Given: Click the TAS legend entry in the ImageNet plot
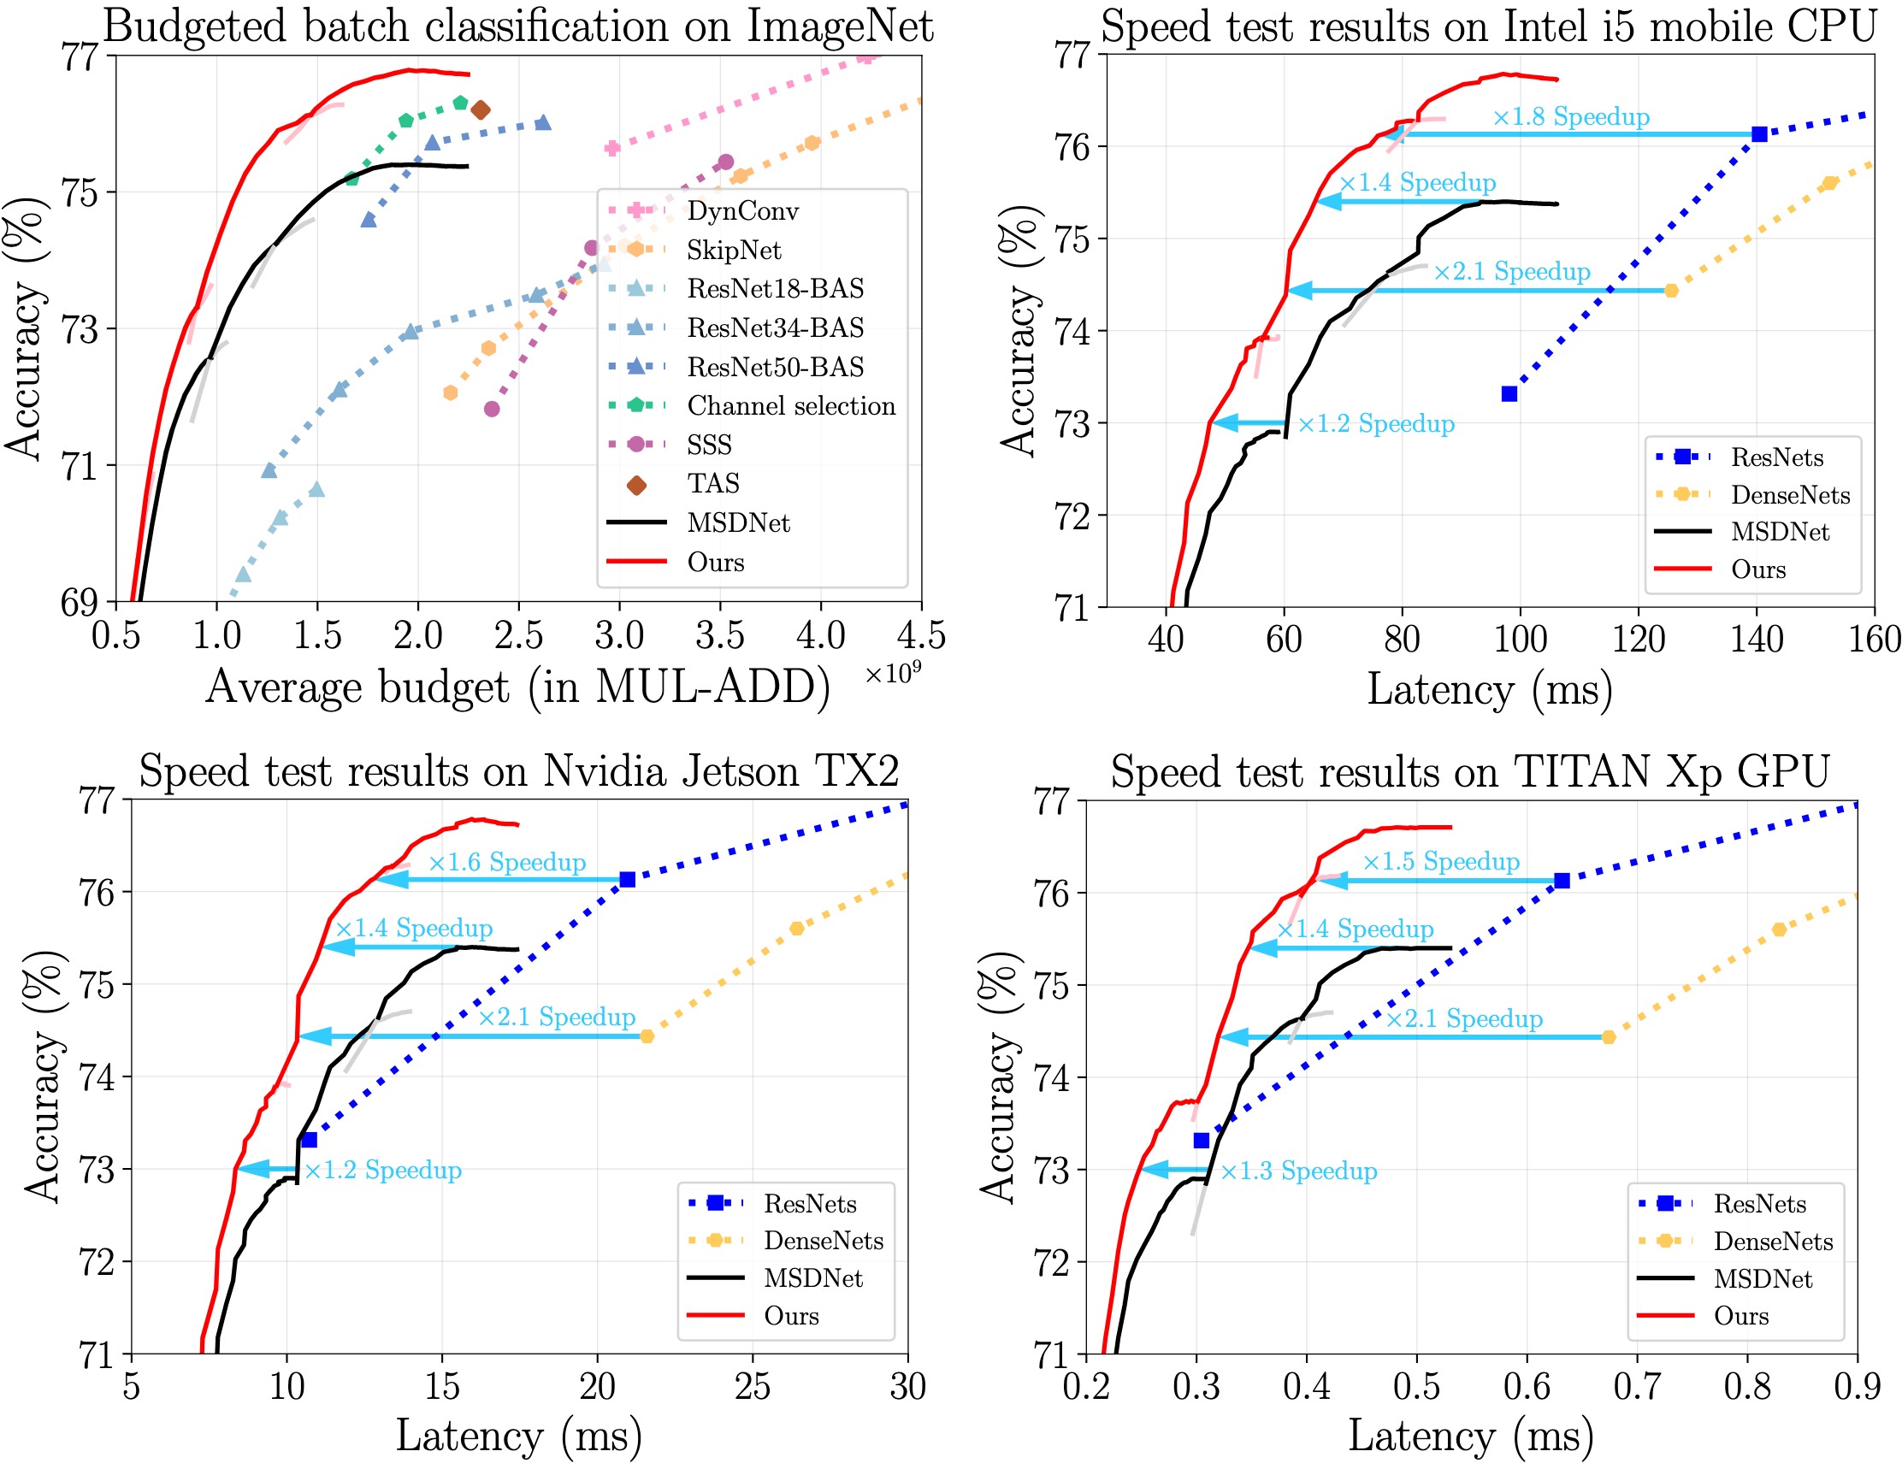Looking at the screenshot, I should click(x=712, y=483).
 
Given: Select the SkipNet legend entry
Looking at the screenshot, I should click(x=733, y=250).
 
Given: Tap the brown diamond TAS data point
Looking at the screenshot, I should click(x=480, y=109).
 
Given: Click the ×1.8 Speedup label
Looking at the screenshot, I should click(x=1570, y=116).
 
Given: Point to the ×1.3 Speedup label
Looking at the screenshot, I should click(x=1298, y=1171).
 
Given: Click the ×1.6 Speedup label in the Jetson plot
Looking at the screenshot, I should click(x=507, y=862).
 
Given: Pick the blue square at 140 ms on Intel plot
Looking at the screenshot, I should click(x=1758, y=134).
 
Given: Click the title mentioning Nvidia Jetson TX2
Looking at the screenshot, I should click(x=518, y=771).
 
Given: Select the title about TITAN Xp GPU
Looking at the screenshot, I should click(x=1469, y=772).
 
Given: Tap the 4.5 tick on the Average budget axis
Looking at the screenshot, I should click(x=920, y=636).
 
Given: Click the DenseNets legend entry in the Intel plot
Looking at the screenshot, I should click(x=1789, y=494).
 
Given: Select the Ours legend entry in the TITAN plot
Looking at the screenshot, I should click(x=1741, y=1316).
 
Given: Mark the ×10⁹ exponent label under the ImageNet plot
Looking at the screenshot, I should click(x=893, y=674).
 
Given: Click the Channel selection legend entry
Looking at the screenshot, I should click(x=791, y=406).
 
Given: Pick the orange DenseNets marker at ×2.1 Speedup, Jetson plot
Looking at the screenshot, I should click(x=647, y=1036).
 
